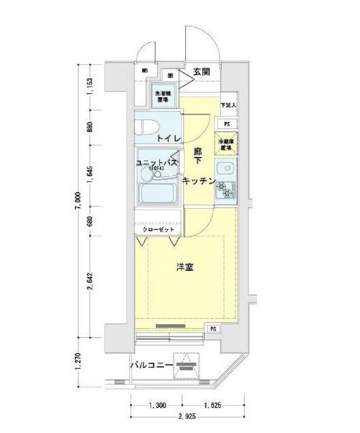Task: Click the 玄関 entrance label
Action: pyautogui.click(x=201, y=71)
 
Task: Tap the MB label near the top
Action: pyautogui.click(x=145, y=70)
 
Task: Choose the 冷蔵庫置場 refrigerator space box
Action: pyautogui.click(x=226, y=144)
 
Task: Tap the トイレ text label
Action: pyautogui.click(x=169, y=139)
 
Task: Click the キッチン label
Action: pyautogui.click(x=198, y=181)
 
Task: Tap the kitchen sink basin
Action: pyautogui.click(x=225, y=170)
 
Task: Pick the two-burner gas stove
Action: pyautogui.click(x=225, y=190)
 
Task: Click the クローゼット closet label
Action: pyautogui.click(x=158, y=229)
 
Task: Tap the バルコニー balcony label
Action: pyautogui.click(x=151, y=365)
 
